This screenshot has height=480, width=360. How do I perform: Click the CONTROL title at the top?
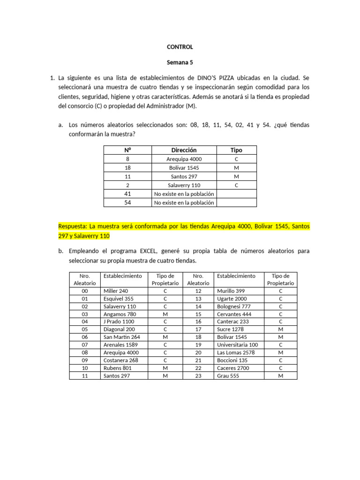point(180,47)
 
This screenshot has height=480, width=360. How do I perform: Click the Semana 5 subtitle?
point(180,62)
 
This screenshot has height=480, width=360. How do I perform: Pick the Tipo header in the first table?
point(236,150)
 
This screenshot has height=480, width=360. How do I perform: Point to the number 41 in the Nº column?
point(127,194)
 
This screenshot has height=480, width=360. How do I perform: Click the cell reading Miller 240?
point(115,291)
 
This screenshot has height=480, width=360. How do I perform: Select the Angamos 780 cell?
point(120,314)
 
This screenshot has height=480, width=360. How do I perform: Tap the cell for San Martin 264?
point(121,337)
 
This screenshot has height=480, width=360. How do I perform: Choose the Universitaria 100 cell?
point(238,345)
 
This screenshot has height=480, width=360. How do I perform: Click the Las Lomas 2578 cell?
point(235,352)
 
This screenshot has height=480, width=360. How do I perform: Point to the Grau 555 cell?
point(228,375)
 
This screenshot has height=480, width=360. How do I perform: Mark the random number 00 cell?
point(85,291)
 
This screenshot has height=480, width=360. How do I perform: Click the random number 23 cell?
point(198,375)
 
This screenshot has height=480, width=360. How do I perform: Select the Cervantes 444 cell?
point(234,314)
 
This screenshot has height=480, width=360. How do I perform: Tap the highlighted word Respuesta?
point(73,226)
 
